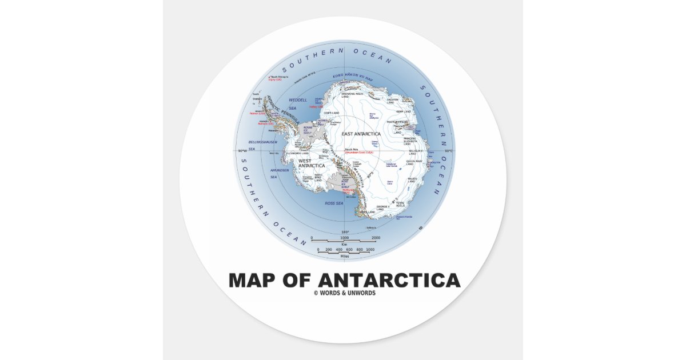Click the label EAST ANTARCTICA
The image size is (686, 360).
(x=361, y=134)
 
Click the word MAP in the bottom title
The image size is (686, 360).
(x=251, y=281)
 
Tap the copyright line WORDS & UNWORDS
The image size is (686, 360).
(x=345, y=294)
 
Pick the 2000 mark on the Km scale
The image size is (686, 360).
(x=376, y=238)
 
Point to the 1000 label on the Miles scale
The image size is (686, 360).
(x=370, y=250)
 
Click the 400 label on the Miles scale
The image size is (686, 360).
(x=340, y=250)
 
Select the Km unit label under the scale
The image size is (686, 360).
(x=344, y=244)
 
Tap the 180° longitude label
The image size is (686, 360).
(x=344, y=231)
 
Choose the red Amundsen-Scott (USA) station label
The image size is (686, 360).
(x=362, y=153)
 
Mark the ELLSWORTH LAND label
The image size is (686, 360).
(x=297, y=153)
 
